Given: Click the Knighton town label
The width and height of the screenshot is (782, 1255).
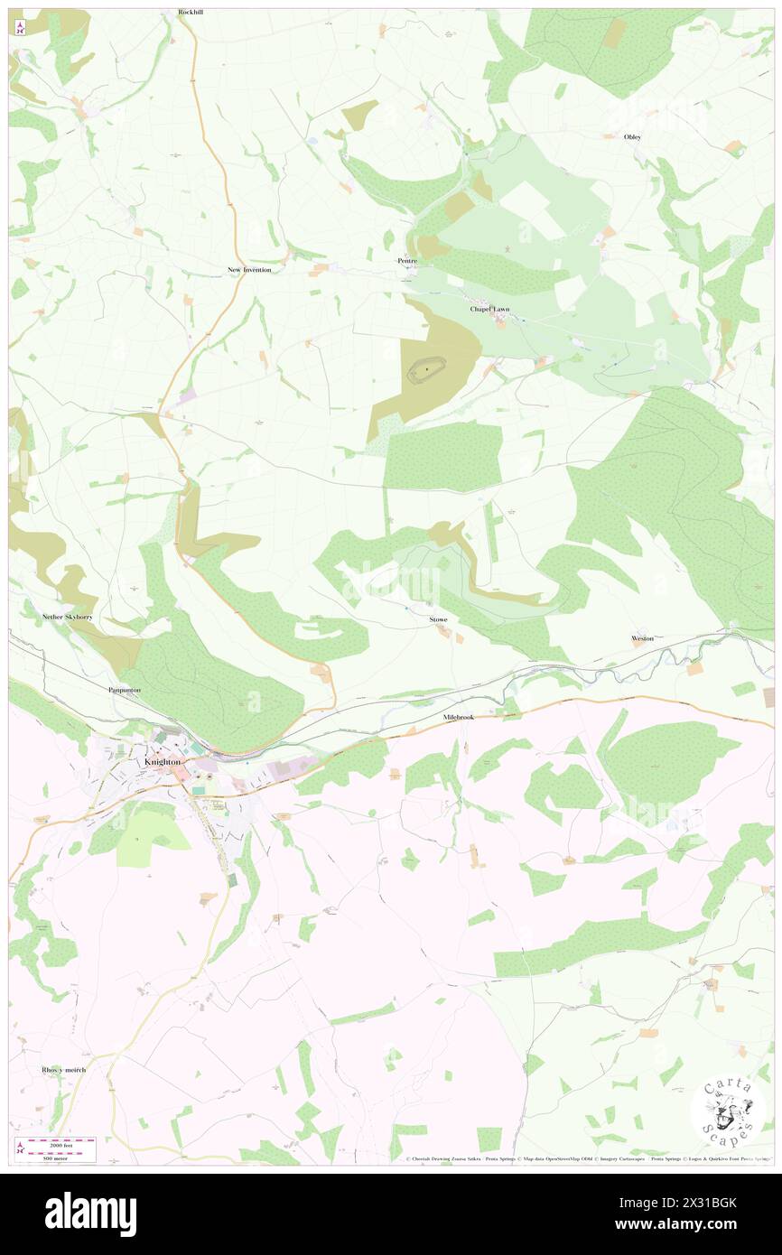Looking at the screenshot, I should (163, 762).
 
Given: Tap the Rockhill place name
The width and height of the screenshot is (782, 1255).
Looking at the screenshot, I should (191, 14).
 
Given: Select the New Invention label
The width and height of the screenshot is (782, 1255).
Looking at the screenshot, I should (249, 270).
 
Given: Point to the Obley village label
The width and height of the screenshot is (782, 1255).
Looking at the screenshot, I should (632, 137).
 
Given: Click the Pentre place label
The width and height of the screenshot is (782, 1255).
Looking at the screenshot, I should (407, 261).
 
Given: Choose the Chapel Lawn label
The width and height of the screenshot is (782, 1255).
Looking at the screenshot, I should (489, 309).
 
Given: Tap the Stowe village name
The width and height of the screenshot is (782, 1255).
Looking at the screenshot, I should (438, 620).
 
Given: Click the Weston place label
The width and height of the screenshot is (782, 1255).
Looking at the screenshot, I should (642, 638).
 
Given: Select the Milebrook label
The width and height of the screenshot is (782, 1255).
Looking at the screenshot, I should (459, 717).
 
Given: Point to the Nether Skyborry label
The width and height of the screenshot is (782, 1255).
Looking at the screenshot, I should (68, 617).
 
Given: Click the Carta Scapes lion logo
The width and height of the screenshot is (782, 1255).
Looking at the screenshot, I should (729, 1113).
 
